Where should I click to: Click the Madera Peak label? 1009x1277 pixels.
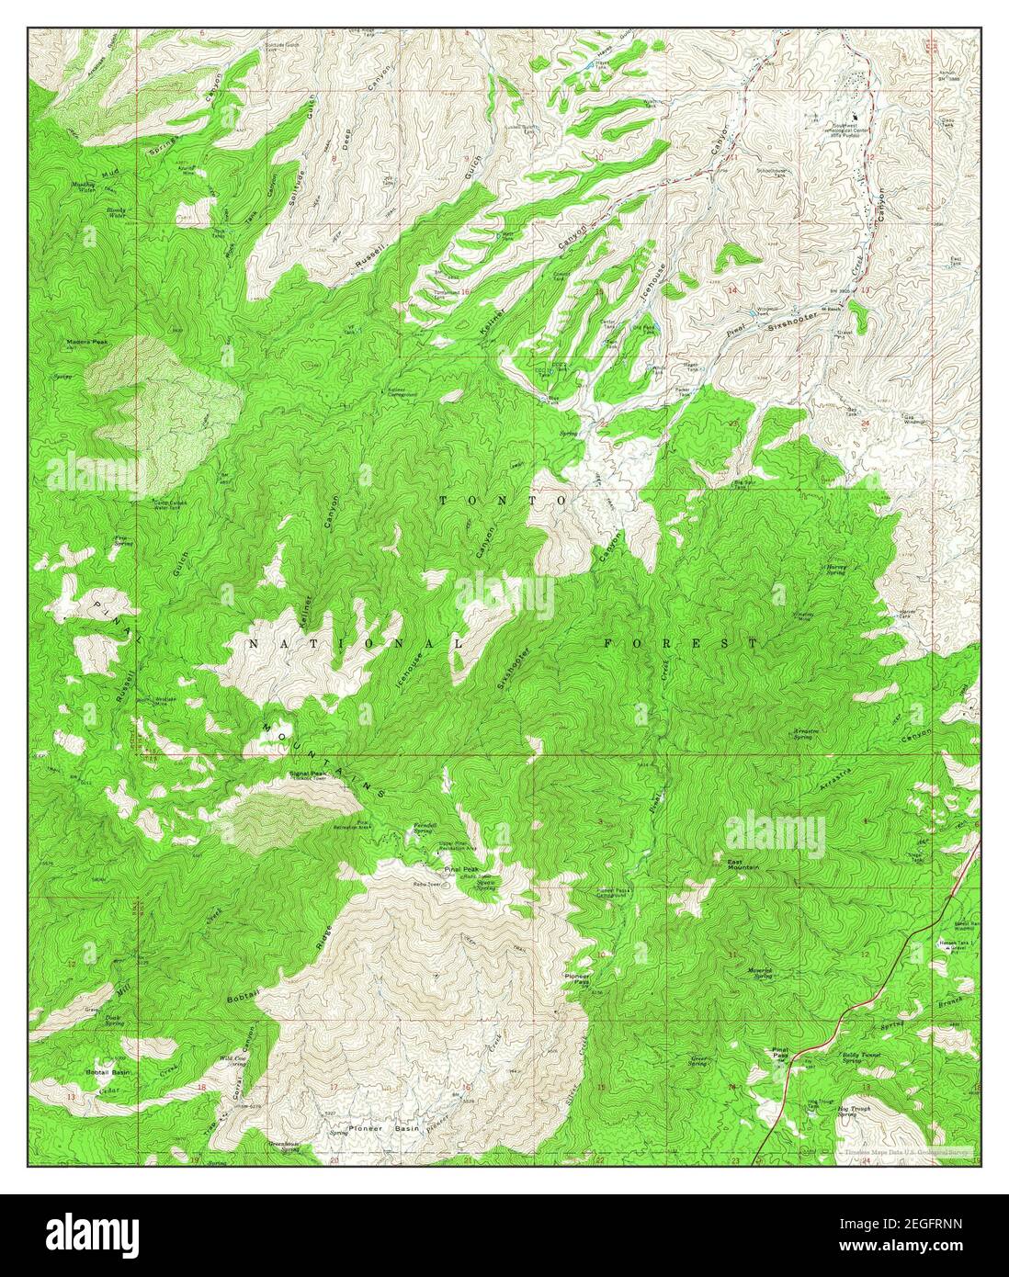coord(86,342)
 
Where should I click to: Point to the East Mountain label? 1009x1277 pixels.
coord(741,864)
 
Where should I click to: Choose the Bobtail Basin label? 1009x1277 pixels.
coord(107,1072)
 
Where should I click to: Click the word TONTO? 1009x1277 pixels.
coord(502,500)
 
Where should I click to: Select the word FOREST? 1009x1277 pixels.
coord(681,643)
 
